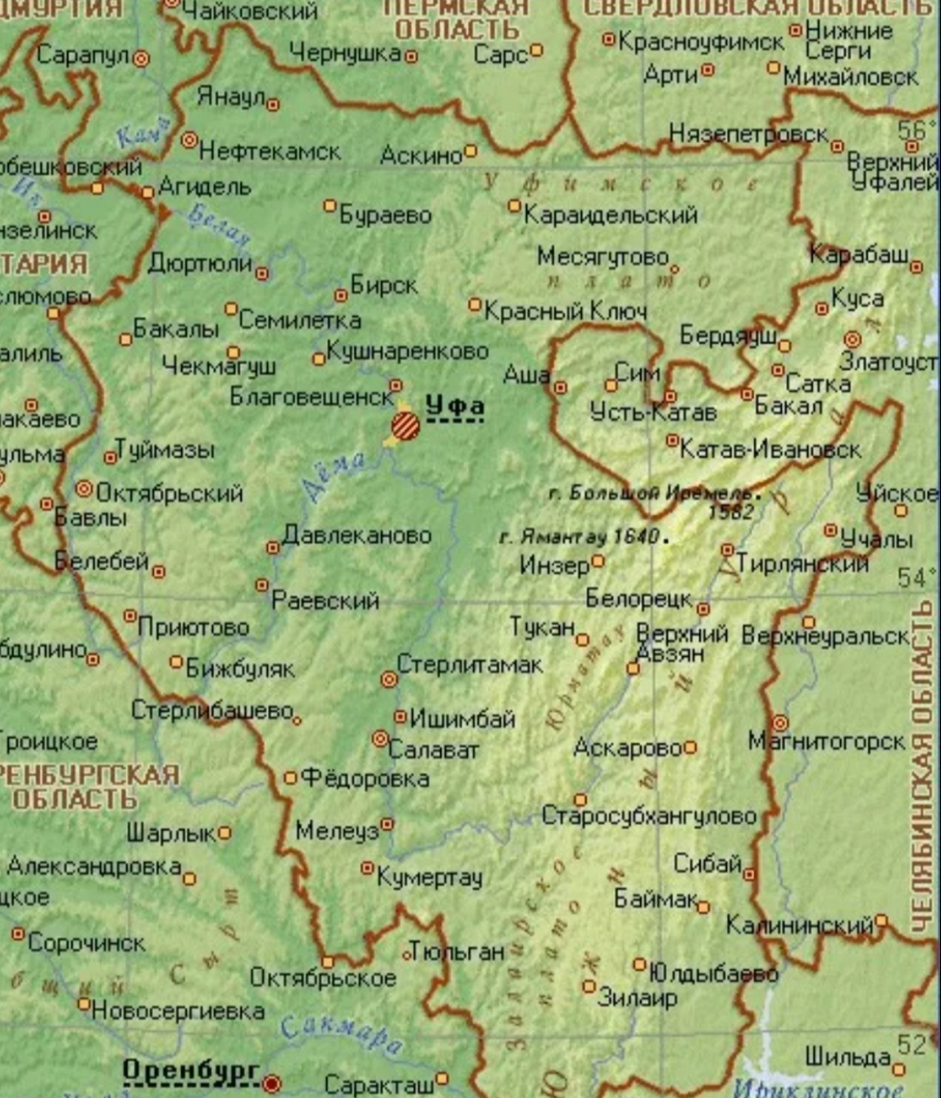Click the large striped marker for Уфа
coord(406,425)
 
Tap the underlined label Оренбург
coord(189,1071)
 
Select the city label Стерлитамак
coord(470,665)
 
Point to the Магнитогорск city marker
coord(779,722)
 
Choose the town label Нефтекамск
coord(269,151)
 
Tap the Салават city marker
coord(380,738)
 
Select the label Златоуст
coord(887,361)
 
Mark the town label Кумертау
coord(429,877)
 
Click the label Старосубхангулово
coord(649,815)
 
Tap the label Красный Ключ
coord(565,311)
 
